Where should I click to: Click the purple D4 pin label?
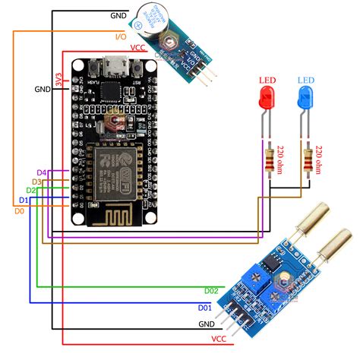point(42,173)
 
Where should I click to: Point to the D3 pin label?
point(36,182)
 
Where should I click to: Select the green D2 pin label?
point(31,191)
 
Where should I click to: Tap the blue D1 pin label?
point(24,200)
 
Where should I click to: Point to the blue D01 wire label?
point(204,308)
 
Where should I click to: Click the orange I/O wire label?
point(120,36)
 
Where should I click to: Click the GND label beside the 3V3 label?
point(42,89)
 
